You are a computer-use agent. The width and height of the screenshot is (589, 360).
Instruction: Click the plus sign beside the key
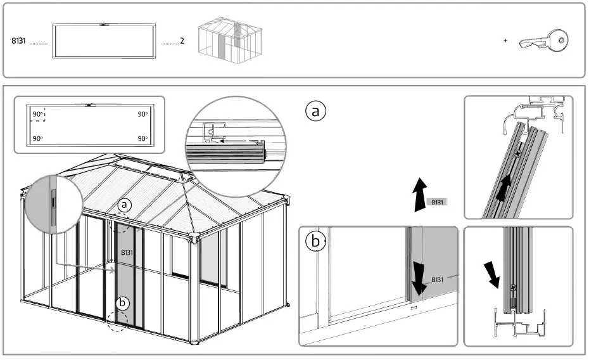pyautogui.click(x=505, y=41)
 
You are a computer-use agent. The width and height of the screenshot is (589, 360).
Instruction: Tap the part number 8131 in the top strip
pyautogui.click(x=19, y=41)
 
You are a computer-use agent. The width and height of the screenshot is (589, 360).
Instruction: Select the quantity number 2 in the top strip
pyautogui.click(x=182, y=41)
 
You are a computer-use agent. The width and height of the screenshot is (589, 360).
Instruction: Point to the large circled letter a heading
pyautogui.click(x=315, y=111)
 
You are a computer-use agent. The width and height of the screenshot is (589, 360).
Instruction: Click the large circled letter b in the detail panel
pyautogui.click(x=316, y=241)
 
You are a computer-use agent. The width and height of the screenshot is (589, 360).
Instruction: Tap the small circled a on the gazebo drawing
pyautogui.click(x=125, y=205)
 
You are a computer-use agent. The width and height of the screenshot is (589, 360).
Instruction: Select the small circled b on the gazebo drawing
pyautogui.click(x=123, y=303)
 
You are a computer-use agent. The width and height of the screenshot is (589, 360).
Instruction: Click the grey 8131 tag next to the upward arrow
pyautogui.click(x=437, y=202)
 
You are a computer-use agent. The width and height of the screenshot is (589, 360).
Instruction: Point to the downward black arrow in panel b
pyautogui.click(x=419, y=278)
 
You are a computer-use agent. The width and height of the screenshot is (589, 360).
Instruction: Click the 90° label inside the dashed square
pyautogui.click(x=38, y=115)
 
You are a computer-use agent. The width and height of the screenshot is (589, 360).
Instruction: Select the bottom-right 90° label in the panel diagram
pyautogui.click(x=142, y=138)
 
